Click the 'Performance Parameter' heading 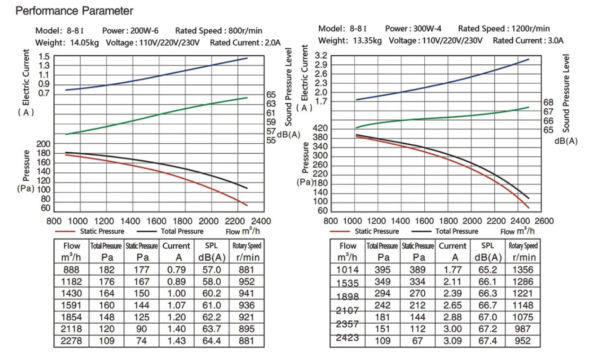[x=75, y=11]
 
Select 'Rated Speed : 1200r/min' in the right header [x=504, y=29]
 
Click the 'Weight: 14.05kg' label [x=67, y=43]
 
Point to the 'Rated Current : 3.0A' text [x=528, y=40]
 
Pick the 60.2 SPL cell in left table [x=212, y=294]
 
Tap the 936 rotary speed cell [x=246, y=306]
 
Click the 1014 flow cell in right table [x=348, y=270]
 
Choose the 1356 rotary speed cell [x=523, y=270]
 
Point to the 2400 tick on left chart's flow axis [x=261, y=221]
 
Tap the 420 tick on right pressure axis [x=321, y=129]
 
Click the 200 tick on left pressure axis [x=44, y=144]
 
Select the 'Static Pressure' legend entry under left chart [x=102, y=231]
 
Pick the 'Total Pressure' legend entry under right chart [x=456, y=231]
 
